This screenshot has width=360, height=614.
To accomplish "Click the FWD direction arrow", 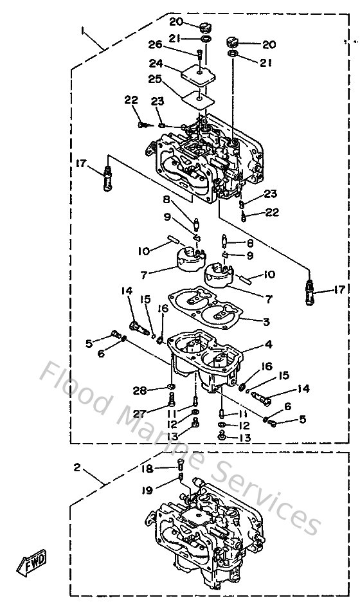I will pyautogui.click(x=30, y=564).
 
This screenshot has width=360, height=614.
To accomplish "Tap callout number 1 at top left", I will pyautogui.click(x=82, y=30).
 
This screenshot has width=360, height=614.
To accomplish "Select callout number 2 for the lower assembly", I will pyautogui.click(x=77, y=467).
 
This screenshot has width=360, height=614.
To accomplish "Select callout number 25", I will pyautogui.click(x=154, y=80).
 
